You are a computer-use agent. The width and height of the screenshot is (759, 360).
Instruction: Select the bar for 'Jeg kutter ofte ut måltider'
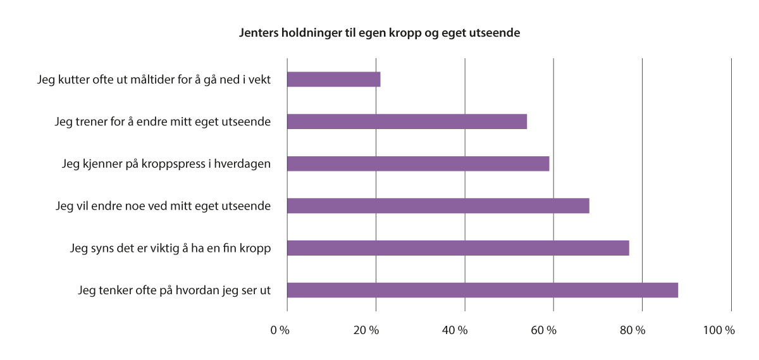tap(333, 79)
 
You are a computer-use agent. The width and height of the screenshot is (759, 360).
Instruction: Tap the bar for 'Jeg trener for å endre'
tap(407, 121)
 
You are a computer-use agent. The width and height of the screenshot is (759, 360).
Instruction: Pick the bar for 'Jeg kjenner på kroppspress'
tap(418, 164)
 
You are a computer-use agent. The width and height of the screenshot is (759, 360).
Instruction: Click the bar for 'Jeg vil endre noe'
tap(438, 206)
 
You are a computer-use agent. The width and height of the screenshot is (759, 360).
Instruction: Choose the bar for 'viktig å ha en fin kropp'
tap(458, 248)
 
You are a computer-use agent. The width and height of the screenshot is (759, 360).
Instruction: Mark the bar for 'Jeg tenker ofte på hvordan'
tap(482, 290)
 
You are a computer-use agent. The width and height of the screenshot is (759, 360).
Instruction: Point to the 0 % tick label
tap(280, 330)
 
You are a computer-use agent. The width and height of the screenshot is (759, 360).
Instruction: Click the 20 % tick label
tap(366, 330)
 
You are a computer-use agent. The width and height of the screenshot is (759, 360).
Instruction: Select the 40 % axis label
tap(455, 330)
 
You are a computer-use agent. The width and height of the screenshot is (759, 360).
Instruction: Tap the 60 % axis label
tap(543, 330)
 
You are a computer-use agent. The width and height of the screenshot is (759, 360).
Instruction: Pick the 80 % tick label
tap(632, 330)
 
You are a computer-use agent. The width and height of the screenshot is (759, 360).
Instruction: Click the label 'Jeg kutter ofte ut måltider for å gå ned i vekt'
tap(154, 80)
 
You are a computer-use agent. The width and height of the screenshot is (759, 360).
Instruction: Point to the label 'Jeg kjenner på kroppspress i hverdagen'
tap(166, 164)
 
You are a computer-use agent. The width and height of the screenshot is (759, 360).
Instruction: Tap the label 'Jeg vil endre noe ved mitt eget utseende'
tap(163, 206)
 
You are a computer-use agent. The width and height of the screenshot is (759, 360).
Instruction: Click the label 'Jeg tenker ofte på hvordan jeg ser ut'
tap(175, 290)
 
